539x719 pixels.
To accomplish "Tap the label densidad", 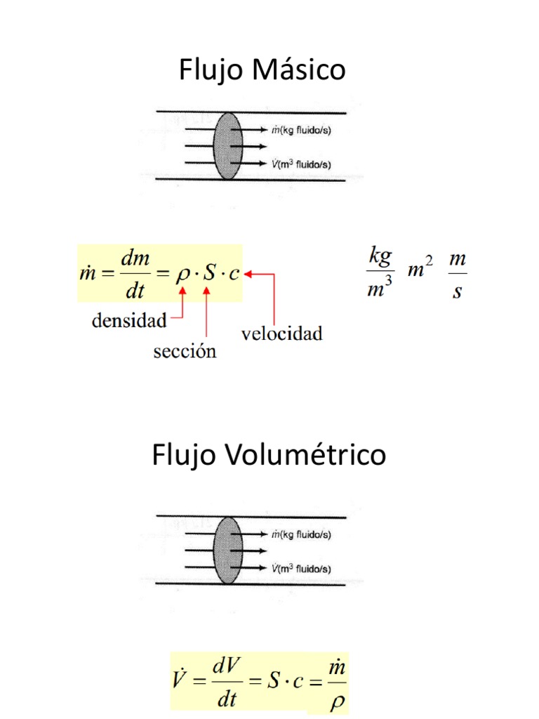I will coord(130,322).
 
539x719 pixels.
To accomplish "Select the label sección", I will coord(185,352).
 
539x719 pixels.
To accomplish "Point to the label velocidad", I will coord(282,334).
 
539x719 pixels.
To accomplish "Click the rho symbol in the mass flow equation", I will coord(182,274).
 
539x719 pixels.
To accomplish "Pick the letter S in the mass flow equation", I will coord(208,274).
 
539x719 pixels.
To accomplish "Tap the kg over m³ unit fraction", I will coord(379,275).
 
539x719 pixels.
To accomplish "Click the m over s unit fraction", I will coord(458,275).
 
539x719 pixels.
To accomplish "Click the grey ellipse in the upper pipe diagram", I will coord(228,146).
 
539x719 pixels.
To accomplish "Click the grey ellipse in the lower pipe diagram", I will coord(228,550).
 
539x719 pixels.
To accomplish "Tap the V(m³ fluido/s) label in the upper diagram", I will coord(301,164).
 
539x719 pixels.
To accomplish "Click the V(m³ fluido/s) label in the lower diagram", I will coord(301,568).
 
